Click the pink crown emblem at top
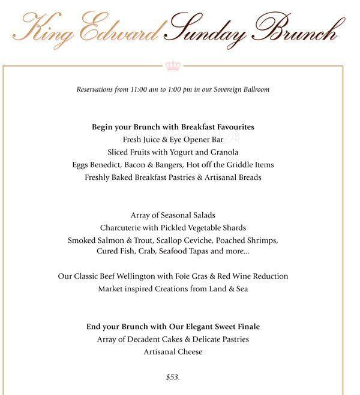(x=173, y=64)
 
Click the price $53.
(x=173, y=377)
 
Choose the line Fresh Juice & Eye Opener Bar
(x=173, y=139)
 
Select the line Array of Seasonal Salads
(x=173, y=215)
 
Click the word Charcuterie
(x=121, y=227)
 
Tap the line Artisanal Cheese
(x=173, y=352)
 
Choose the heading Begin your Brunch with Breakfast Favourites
(x=173, y=126)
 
